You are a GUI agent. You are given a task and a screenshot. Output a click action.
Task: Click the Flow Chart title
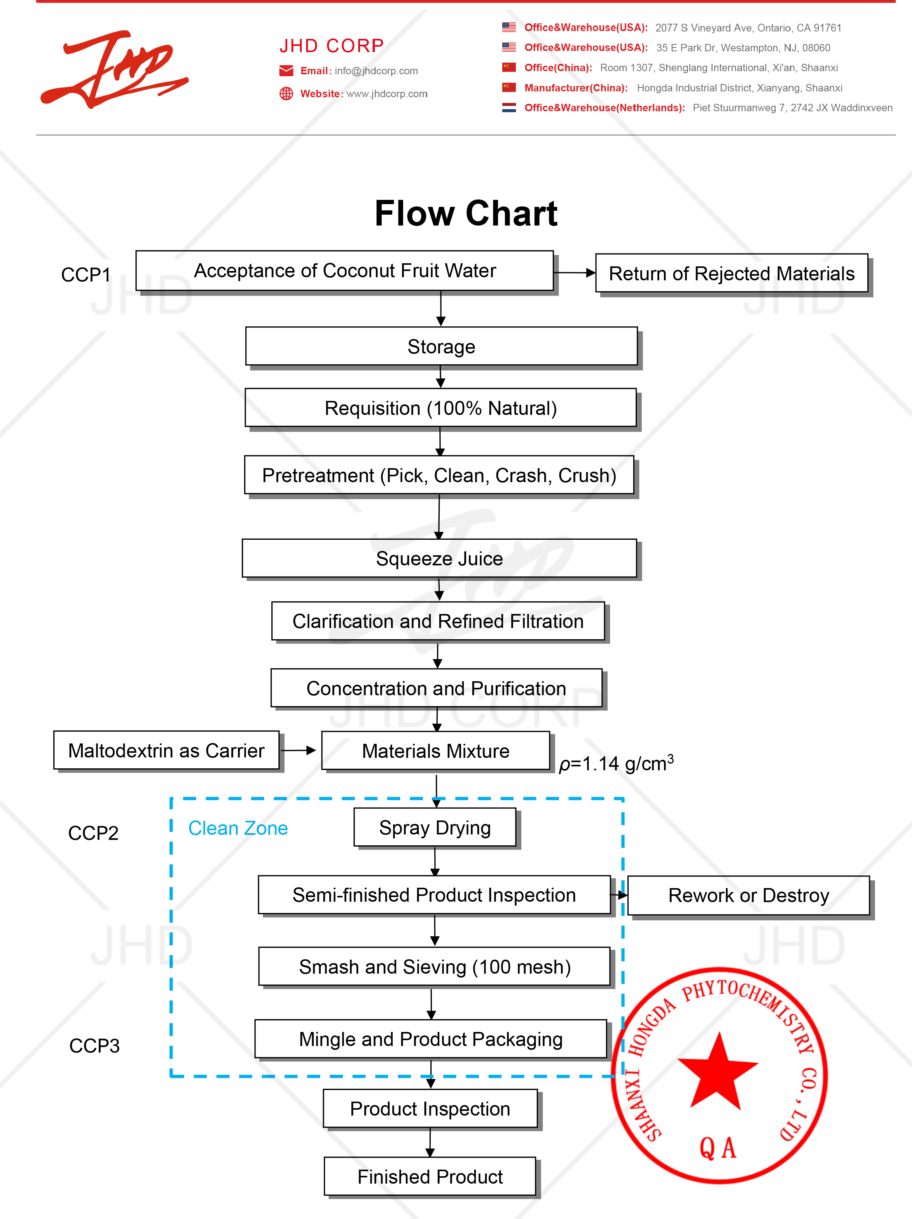coord(466,214)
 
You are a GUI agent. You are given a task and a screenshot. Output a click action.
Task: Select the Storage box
coord(441,346)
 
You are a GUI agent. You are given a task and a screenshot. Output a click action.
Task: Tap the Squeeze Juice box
coord(439,558)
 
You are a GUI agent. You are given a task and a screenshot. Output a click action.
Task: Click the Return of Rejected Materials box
coord(731,273)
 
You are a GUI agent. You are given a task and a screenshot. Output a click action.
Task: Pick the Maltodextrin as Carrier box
coord(166,750)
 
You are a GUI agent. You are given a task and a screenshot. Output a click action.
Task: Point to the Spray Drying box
coord(435,828)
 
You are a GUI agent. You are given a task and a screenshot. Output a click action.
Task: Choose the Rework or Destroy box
coord(748,895)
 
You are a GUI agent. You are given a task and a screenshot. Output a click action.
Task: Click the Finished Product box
coord(430,1177)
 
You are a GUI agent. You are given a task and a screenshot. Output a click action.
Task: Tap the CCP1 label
coord(86,275)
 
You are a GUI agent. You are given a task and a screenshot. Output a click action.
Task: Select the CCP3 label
coord(94,1046)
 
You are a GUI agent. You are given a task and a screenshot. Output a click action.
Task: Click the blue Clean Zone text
coord(238,828)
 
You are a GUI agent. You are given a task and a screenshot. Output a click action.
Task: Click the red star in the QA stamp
coord(718,1072)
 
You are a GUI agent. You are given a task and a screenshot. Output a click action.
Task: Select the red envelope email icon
coord(286,70)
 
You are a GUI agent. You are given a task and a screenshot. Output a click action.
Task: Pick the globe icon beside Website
coord(286,94)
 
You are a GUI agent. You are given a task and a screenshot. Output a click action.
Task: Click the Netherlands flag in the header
coord(508,107)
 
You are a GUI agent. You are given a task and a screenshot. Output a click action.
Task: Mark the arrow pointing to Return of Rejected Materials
coord(574,272)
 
